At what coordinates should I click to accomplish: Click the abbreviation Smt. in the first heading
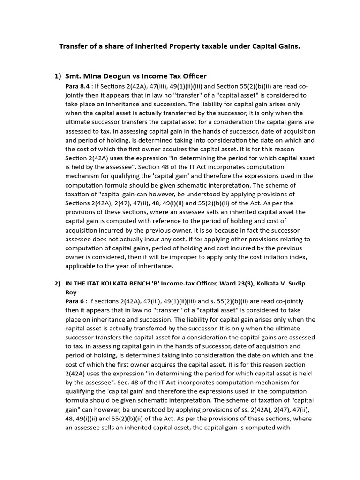point(74,76)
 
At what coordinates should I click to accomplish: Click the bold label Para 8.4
point(79,87)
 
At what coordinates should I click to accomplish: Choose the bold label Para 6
point(75,301)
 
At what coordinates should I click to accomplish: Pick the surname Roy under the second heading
point(71,292)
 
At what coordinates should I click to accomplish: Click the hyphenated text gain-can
point(135,194)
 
